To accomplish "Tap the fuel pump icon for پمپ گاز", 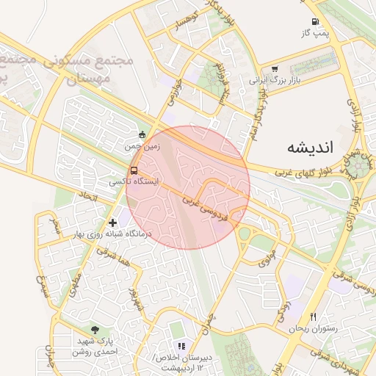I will pyautogui.click(x=314, y=22).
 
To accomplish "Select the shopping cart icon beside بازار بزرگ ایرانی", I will pyautogui.click(x=274, y=70).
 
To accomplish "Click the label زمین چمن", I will pyautogui.click(x=142, y=146).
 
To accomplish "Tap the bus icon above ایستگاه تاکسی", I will pyautogui.click(x=133, y=171).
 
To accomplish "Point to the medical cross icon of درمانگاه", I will pyautogui.click(x=112, y=222).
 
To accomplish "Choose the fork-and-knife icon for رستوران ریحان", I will pyautogui.click(x=314, y=317).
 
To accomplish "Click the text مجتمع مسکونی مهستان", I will pyautogui.click(x=88, y=68).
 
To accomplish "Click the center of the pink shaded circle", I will pyautogui.click(x=188, y=187).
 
